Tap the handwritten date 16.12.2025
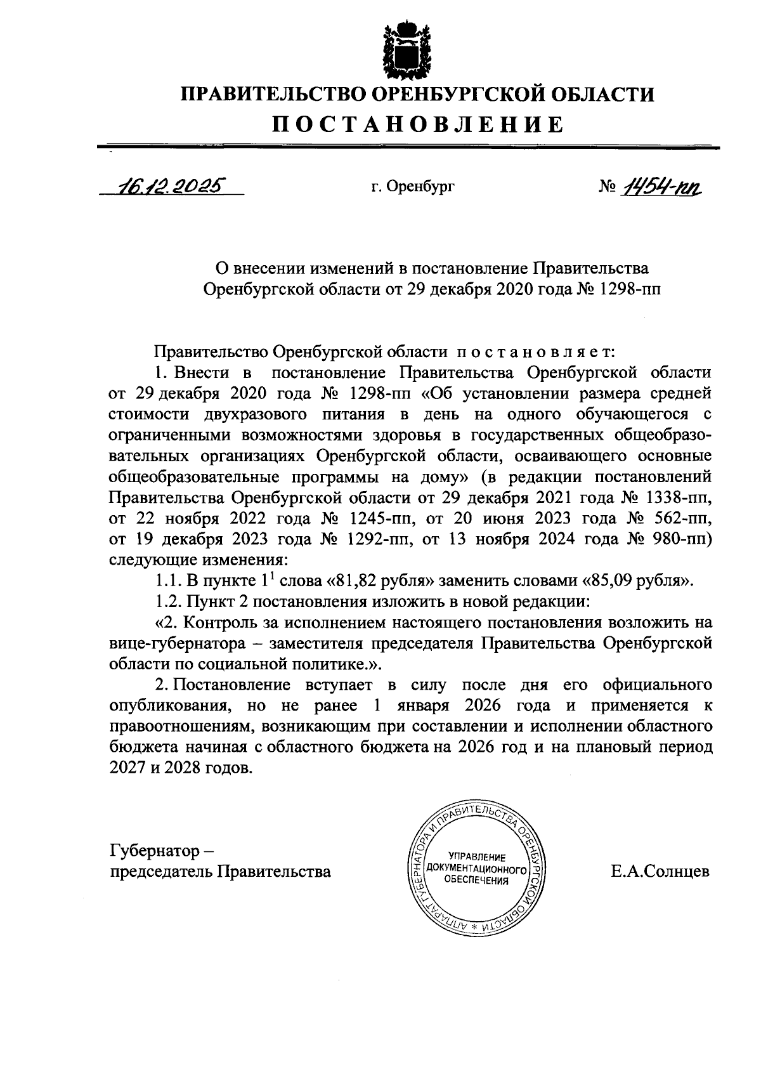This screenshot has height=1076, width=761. point(169,186)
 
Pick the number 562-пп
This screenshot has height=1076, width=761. point(684,517)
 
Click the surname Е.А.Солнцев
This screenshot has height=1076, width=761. point(660,872)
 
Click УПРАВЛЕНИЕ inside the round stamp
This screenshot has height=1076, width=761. point(476,856)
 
